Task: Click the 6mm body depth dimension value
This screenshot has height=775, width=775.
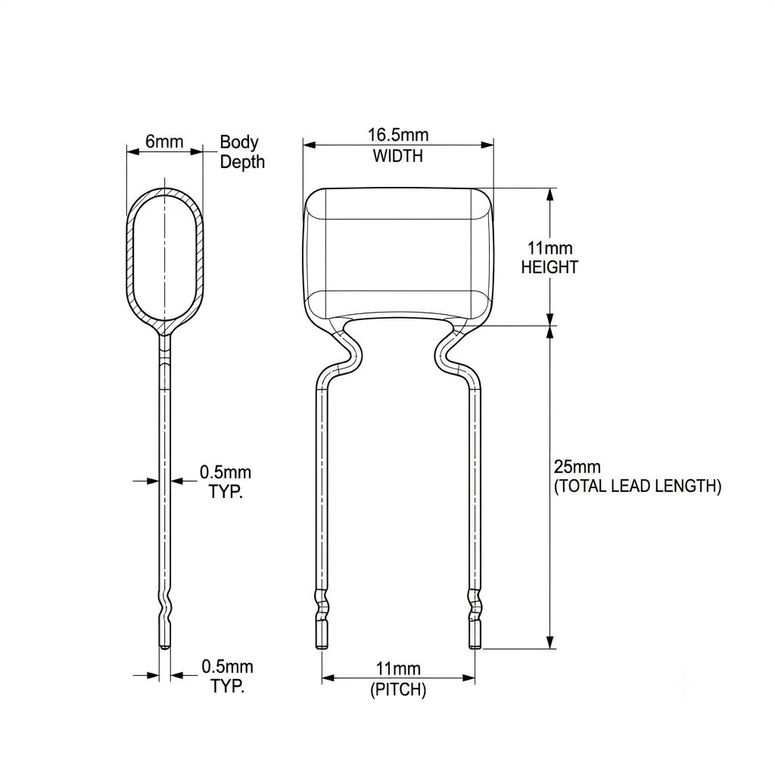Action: click(x=164, y=142)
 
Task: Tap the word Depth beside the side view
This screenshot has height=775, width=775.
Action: click(x=242, y=162)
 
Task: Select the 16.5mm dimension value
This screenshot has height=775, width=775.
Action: click(x=398, y=135)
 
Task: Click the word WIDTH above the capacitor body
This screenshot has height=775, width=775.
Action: click(x=398, y=156)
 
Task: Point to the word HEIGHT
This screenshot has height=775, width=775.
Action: click(x=549, y=267)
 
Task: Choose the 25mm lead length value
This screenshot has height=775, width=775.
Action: click(x=577, y=466)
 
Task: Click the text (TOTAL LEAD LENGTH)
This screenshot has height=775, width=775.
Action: click(x=637, y=487)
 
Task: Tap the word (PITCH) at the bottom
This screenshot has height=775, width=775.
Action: click(x=398, y=689)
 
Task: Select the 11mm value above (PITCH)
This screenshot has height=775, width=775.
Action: click(x=398, y=669)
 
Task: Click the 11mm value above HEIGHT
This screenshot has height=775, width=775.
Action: click(x=549, y=247)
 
